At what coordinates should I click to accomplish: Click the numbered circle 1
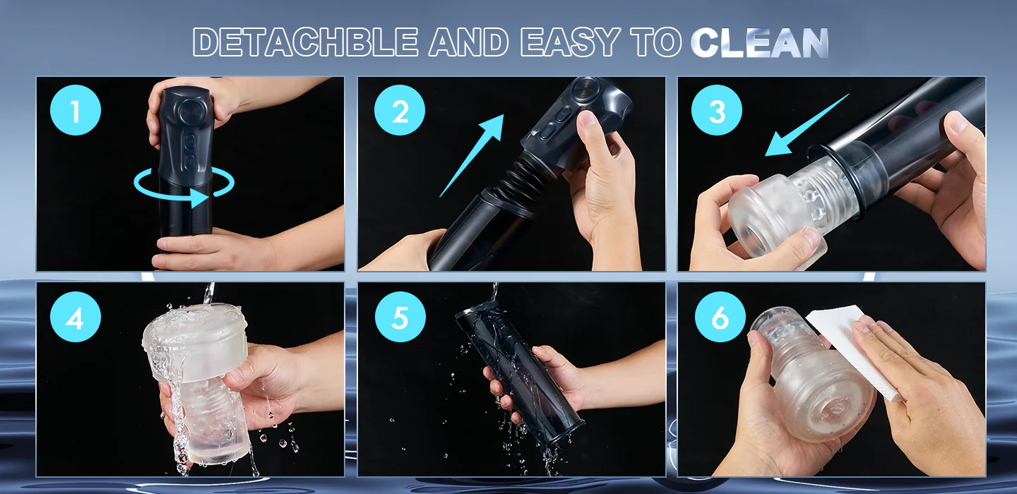tap(76, 110)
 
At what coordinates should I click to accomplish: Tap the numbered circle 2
tap(400, 110)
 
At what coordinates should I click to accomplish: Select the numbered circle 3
tap(717, 110)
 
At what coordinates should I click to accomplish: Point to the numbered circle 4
tap(76, 317)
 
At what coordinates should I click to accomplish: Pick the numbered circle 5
tap(400, 317)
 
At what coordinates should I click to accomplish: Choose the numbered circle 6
tap(720, 317)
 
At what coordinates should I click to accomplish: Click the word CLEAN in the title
tap(760, 42)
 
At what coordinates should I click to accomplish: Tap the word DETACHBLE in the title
tap(305, 42)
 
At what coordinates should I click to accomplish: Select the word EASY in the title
tap(570, 42)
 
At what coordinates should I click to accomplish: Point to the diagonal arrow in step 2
tap(472, 155)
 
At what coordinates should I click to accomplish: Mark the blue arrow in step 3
tap(807, 125)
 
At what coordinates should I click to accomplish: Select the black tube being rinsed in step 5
tap(520, 372)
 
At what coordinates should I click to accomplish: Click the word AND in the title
tap(468, 42)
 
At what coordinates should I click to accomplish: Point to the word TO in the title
tap(655, 42)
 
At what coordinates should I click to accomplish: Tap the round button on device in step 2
tap(585, 89)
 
